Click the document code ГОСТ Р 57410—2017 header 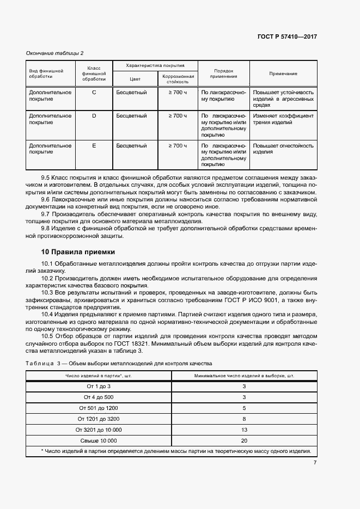(x=287, y=36)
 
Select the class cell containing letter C (x=94, y=93)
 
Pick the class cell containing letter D (x=94, y=116)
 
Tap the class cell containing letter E (x=94, y=146)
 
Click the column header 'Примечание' (x=283, y=73)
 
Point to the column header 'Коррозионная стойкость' (x=178, y=79)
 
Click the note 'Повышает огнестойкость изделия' (x=283, y=149)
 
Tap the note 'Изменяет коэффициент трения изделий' (x=283, y=119)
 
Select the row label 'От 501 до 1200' (x=99, y=408)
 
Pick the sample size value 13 (x=244, y=430)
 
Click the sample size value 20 (x=244, y=440)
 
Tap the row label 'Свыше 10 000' (x=99, y=440)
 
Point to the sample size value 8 (x=244, y=419)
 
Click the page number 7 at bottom (x=315, y=463)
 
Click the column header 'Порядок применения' (x=223, y=73)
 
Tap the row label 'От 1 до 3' (x=99, y=386)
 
